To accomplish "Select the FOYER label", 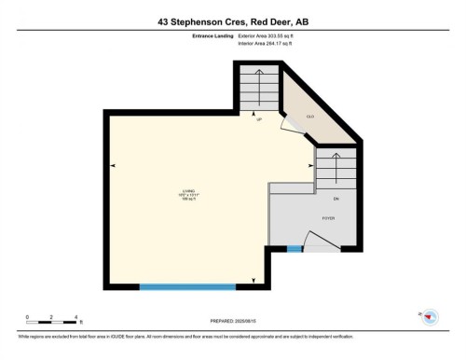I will click(329, 218).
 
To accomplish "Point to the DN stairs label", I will click(336, 200).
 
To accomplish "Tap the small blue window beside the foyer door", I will click(295, 249).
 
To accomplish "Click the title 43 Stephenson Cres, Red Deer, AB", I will click(233, 21).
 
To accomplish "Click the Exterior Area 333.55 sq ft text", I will click(272, 35).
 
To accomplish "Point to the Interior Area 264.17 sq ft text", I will click(271, 44).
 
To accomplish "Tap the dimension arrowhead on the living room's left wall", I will click(113, 166).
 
